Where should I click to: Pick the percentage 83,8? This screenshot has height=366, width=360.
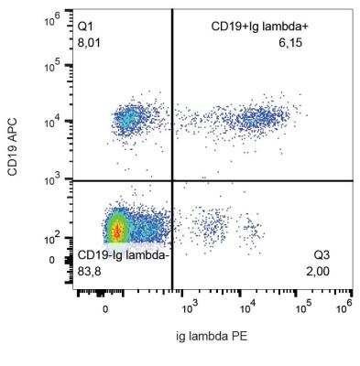93,270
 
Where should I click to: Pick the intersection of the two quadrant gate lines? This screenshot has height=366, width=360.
172,180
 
